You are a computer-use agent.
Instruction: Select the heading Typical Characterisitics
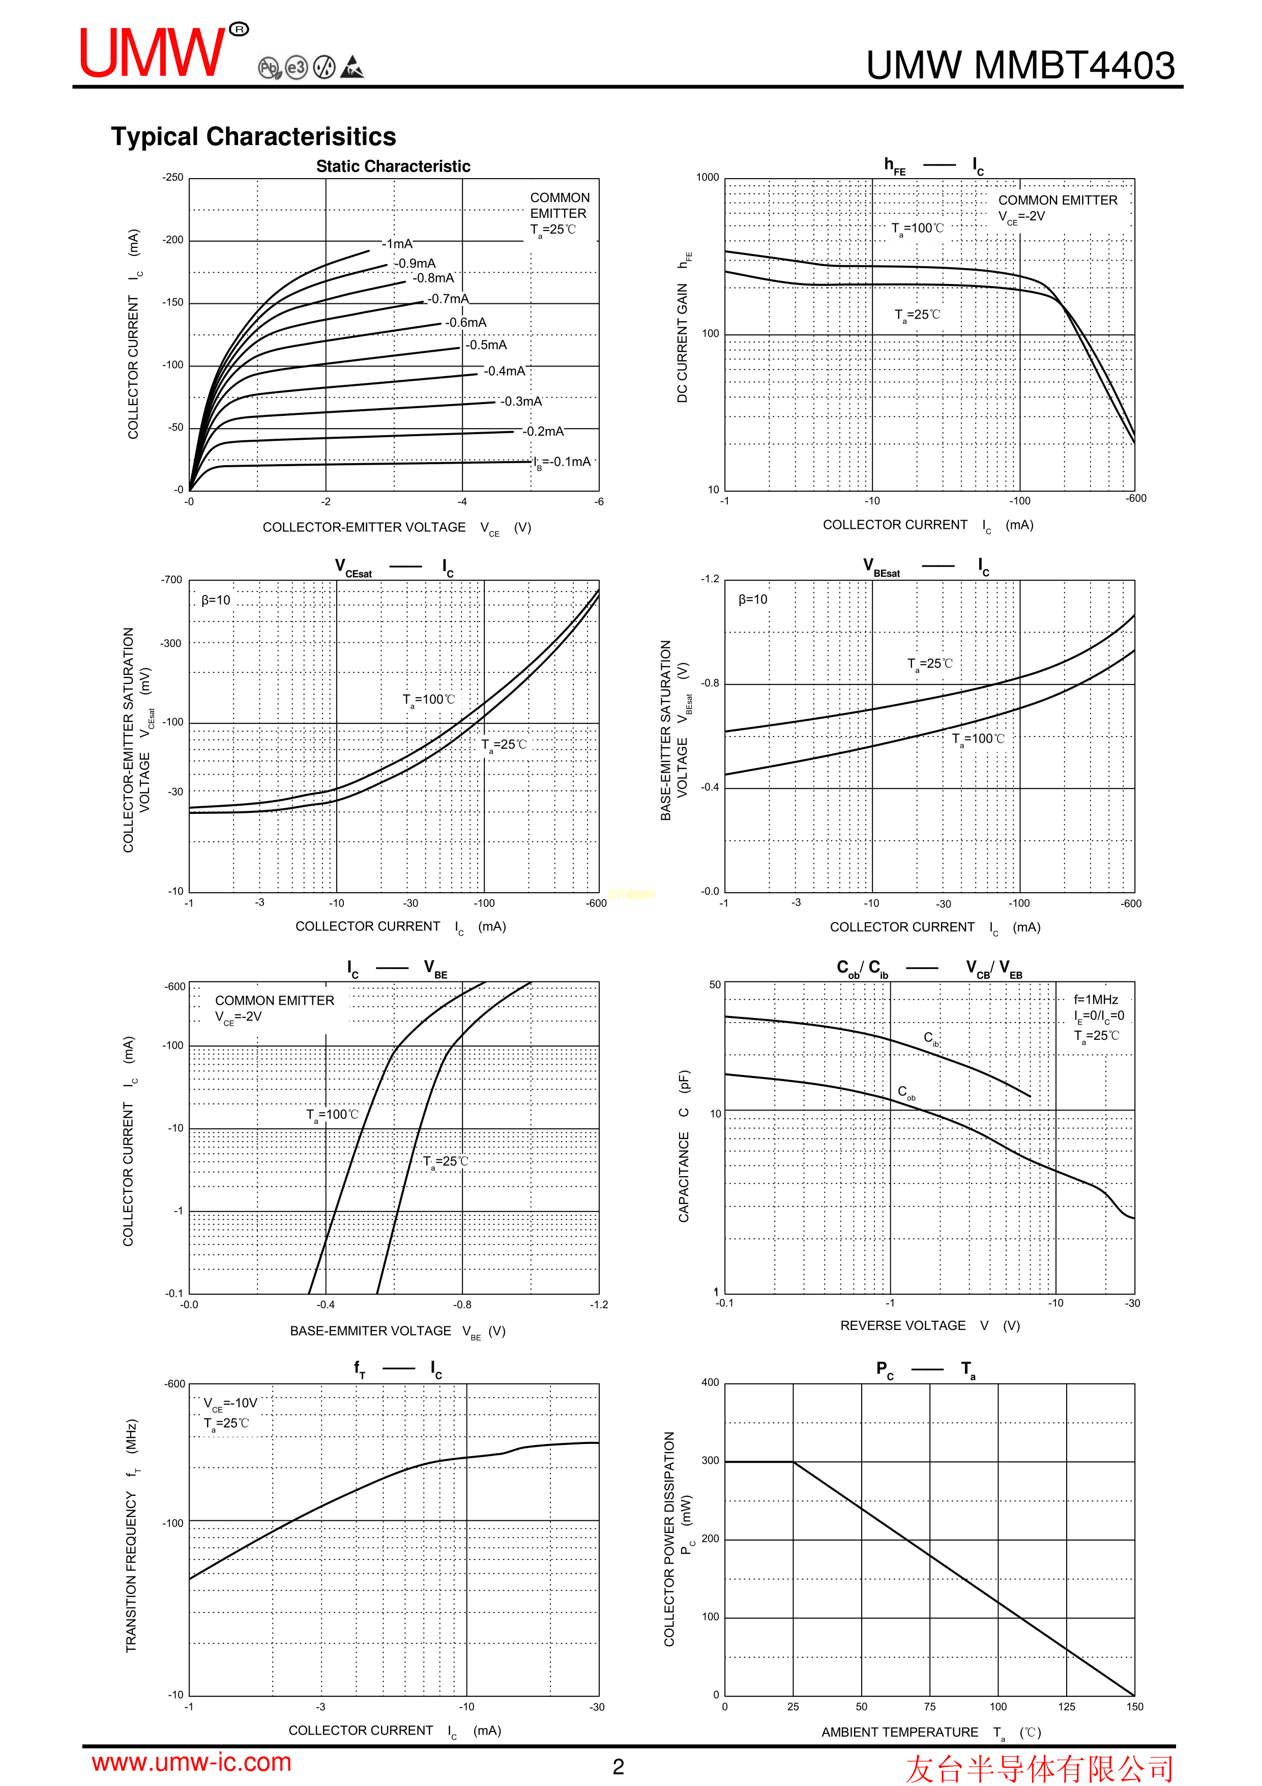[253, 137]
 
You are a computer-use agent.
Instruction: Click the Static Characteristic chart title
[393, 166]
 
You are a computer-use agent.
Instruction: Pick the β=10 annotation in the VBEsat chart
[752, 600]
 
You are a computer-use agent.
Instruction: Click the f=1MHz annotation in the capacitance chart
[1096, 1000]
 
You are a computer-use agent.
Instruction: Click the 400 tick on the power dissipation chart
[710, 1383]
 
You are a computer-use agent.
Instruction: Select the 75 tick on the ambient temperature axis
[930, 1707]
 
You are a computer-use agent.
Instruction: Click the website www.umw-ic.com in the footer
[191, 1763]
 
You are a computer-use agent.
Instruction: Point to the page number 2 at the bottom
[618, 1767]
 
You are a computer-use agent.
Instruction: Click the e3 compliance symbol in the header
[296, 68]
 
